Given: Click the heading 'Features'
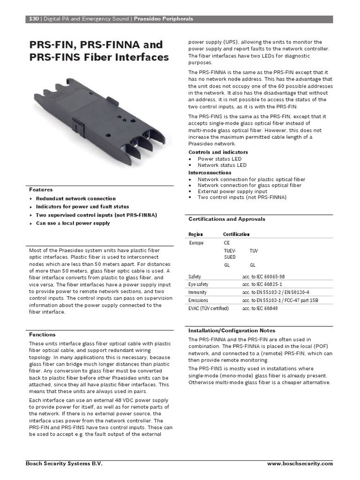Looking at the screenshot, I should click(41, 190).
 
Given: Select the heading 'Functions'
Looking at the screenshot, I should click(42, 335).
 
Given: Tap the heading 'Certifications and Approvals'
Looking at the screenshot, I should click(226, 219).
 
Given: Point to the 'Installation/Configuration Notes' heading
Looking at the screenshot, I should click(232, 330).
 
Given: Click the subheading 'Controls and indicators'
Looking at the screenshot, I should click(218, 152).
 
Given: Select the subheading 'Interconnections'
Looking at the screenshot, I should click(210, 172).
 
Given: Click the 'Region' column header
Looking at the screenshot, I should click(195, 234).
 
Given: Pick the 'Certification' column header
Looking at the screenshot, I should click(236, 234).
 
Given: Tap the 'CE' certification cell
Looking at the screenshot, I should click(227, 243).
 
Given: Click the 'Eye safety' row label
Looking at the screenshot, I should click(198, 285).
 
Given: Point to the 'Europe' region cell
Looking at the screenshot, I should click(196, 243).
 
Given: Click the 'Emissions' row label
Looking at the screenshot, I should click(198, 300).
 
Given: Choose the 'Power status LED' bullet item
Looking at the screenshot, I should click(219, 159).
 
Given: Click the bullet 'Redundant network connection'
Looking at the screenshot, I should click(75, 199).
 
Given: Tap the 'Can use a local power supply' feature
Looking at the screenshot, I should click(73, 223).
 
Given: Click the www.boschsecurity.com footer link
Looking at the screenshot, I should click(300, 464).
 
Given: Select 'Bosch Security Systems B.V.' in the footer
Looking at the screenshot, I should click(64, 464).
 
